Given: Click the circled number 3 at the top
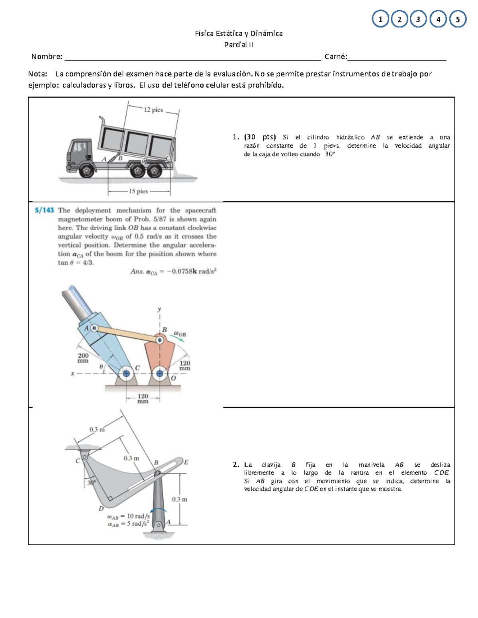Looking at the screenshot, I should click(x=418, y=19).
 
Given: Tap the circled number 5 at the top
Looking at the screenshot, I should click(x=458, y=19).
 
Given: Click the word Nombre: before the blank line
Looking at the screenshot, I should click(x=47, y=57).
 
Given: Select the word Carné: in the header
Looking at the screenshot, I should click(x=335, y=57).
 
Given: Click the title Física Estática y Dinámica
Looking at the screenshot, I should click(x=239, y=33).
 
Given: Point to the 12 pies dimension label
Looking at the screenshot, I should click(x=153, y=109).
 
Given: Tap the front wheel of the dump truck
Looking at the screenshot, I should click(x=86, y=171).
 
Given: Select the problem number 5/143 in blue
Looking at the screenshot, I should click(x=44, y=210).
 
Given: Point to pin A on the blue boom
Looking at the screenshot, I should click(x=94, y=328).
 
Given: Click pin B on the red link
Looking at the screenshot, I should click(x=159, y=340).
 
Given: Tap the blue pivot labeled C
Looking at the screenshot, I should click(x=127, y=373).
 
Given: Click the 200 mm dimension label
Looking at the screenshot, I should click(x=83, y=358).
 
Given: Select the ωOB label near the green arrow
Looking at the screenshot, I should click(x=180, y=334).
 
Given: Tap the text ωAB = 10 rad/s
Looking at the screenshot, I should click(x=128, y=517).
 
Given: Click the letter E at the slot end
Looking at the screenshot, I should click(x=186, y=462).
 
